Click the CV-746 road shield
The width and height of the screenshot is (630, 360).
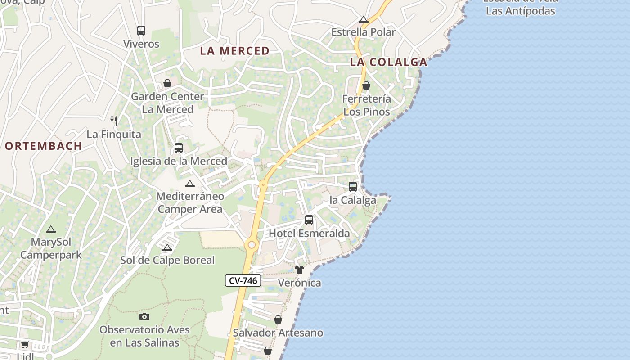(243, 280)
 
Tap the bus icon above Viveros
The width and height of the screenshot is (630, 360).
(141, 31)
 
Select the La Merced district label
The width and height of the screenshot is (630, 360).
(234, 51)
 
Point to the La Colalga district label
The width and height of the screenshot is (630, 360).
(388, 62)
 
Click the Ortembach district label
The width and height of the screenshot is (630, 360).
(44, 146)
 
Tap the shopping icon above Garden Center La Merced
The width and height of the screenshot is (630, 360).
(167, 83)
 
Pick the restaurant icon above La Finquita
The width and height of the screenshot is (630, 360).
(114, 121)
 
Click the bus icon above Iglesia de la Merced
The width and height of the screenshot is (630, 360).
(179, 148)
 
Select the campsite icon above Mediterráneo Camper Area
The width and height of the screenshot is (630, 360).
(190, 184)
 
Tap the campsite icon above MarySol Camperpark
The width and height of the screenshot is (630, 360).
(51, 229)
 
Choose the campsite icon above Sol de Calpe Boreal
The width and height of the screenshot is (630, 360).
(167, 247)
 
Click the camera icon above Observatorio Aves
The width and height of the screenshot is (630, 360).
(144, 316)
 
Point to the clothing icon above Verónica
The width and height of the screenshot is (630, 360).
(299, 270)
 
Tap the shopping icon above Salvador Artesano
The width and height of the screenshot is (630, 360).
(278, 319)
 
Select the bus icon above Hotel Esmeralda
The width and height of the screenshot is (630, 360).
(309, 220)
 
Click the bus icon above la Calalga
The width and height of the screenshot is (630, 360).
(353, 187)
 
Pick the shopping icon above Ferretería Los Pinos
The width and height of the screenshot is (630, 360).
(366, 85)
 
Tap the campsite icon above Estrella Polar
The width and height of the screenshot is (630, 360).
(364, 19)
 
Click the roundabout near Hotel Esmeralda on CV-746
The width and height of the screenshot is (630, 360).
(252, 245)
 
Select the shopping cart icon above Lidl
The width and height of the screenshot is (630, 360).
(25, 345)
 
